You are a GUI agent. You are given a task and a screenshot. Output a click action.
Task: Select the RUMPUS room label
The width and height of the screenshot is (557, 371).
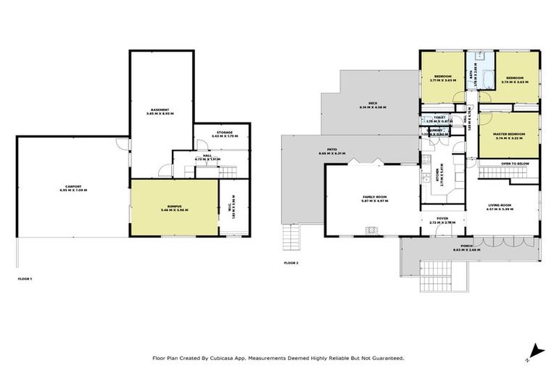pos(173,208)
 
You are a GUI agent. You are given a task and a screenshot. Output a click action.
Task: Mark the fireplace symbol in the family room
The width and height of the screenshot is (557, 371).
pos(371,230)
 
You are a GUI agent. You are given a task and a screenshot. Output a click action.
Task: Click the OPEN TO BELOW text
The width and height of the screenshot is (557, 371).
pos(515,164)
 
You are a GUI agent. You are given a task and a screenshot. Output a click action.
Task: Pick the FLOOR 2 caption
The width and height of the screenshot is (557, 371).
pos(292,262)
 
